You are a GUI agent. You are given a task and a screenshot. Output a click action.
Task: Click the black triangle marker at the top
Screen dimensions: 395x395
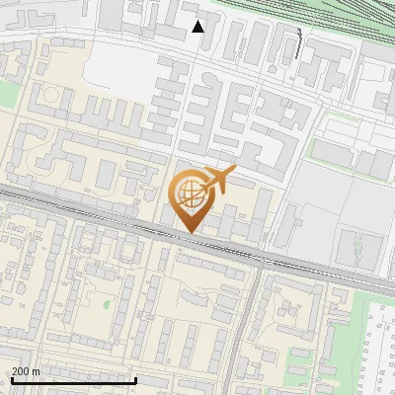click(198, 26)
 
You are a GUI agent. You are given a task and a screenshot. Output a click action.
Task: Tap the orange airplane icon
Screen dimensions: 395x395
click(219, 179)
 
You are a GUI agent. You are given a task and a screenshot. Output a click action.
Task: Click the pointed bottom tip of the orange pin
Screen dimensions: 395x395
click(190, 232)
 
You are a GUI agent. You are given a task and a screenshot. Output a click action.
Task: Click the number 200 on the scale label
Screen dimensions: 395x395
click(22, 371)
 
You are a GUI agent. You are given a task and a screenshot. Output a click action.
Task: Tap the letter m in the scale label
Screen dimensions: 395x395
click(37, 371)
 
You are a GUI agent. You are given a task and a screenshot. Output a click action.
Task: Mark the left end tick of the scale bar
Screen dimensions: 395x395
click(11, 380)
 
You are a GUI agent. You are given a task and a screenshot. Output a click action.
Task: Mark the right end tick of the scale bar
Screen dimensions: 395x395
click(135, 380)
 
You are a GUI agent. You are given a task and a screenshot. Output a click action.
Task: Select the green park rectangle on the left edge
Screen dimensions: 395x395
click(7, 95)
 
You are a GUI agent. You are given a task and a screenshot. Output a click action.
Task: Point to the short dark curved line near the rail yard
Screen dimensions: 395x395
click(299, 41)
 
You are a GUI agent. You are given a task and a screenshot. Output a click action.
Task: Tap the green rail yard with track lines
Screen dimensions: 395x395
click(326, 20)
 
